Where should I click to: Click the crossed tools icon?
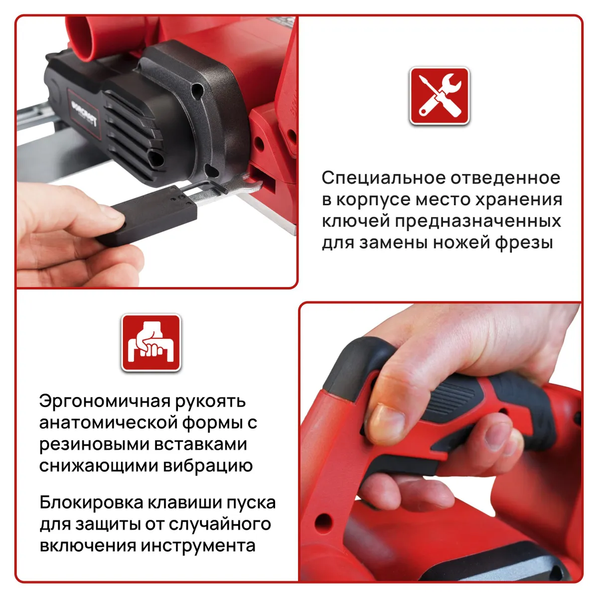[439, 96]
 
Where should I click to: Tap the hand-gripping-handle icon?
[151, 342]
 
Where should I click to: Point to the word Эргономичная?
[105, 402]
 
